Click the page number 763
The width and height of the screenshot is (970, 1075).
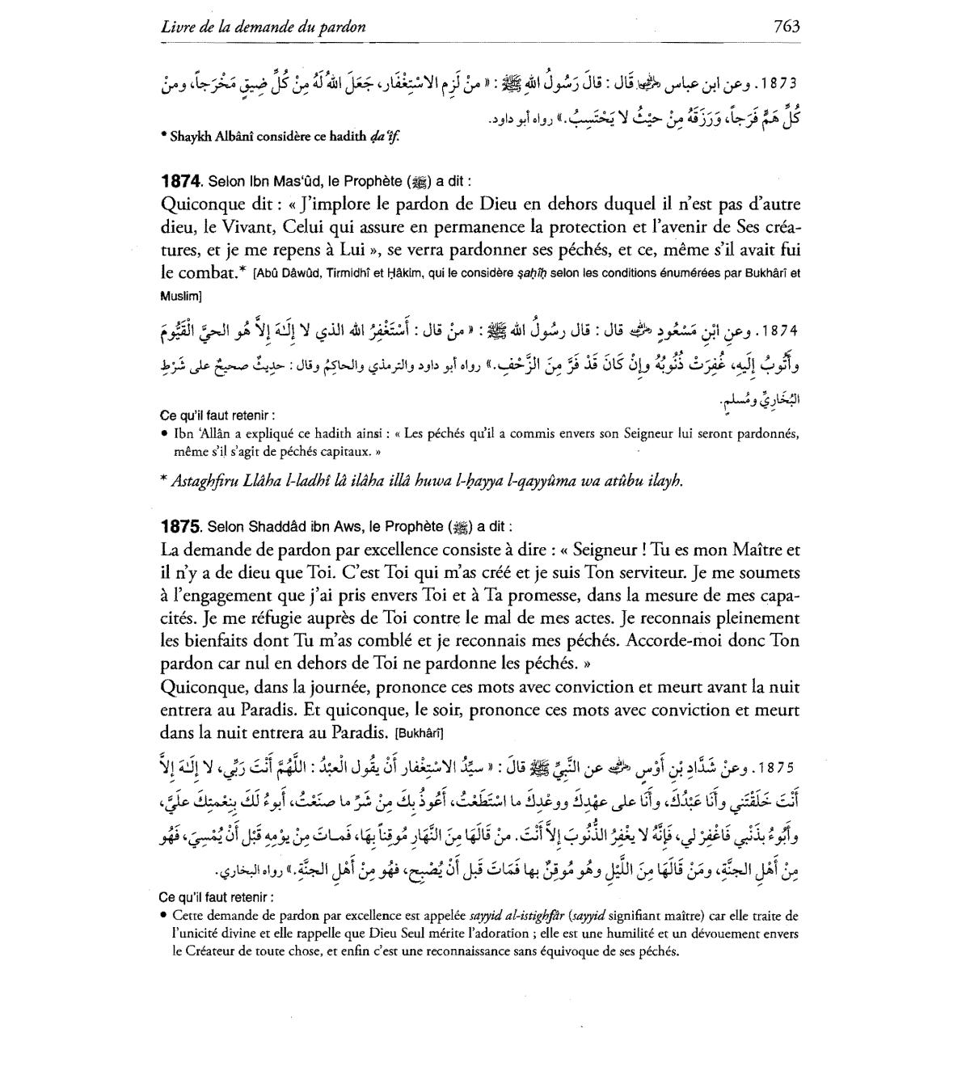(786, 27)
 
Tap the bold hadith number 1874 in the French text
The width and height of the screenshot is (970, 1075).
(179, 182)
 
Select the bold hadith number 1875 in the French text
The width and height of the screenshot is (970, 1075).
(179, 527)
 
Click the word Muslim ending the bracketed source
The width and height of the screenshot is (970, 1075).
(179, 296)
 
